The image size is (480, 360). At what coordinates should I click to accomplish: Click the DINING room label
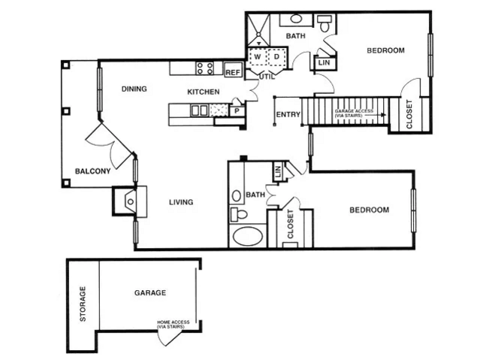point(134,89)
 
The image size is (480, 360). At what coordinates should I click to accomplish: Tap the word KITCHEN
point(203,92)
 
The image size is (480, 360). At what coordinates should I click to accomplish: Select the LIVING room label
point(181,201)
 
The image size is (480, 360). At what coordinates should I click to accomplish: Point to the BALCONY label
point(92,171)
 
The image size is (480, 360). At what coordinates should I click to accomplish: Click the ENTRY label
point(288,115)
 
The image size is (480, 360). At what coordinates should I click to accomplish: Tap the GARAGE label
point(150,292)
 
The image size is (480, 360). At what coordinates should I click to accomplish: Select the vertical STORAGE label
point(83,304)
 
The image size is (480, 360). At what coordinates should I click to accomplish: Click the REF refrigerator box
point(233,72)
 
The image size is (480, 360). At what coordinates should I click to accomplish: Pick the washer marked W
point(257,56)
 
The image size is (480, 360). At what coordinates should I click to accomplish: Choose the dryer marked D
point(276,56)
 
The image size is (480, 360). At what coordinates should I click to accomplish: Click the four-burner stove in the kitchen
point(205,68)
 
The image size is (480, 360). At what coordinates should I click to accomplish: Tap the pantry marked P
point(237,111)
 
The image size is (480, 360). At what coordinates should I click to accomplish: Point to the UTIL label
point(266,77)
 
